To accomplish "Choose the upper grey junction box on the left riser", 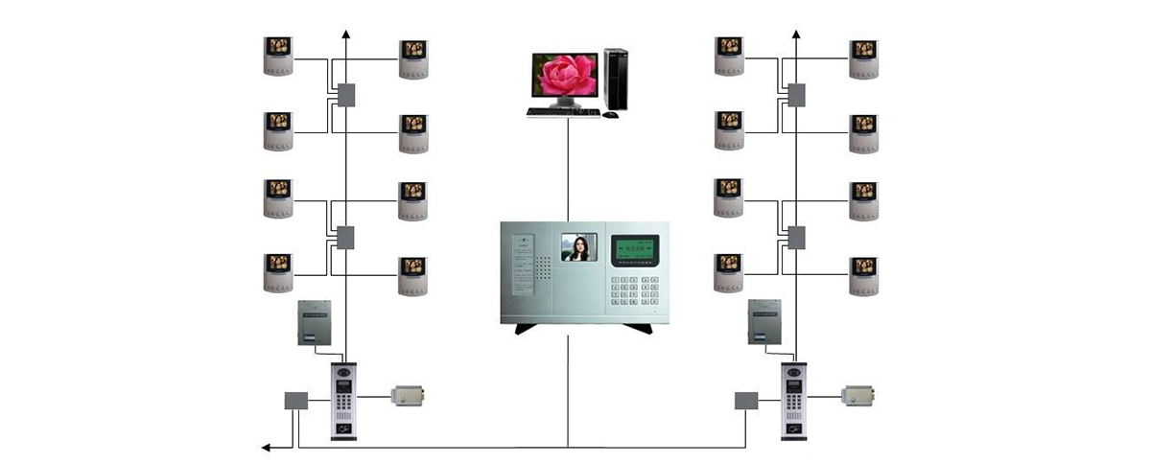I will [346, 95].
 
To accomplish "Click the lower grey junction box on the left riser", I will [346, 237].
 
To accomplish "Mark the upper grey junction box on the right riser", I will [796, 95].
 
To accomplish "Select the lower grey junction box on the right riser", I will [796, 237].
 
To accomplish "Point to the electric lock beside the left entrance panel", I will [409, 394].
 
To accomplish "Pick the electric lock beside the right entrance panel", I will [858, 394].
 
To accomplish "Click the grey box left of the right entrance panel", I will [746, 401].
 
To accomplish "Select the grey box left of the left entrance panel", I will [295, 401].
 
